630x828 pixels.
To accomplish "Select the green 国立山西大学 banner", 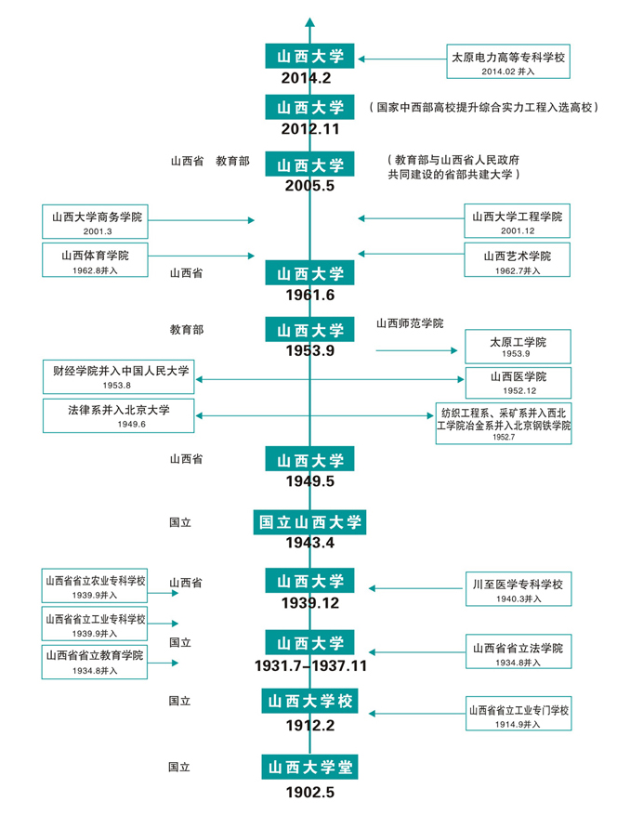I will click(x=310, y=521).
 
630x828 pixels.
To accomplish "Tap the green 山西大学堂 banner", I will click(x=310, y=767).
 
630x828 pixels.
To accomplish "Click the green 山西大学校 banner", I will click(x=310, y=700).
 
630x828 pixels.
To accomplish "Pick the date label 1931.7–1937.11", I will click(x=310, y=665).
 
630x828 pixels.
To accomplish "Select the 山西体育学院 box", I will click(x=95, y=259).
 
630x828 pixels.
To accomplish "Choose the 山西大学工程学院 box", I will click(x=518, y=221).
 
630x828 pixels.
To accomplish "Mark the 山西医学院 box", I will click(x=518, y=382).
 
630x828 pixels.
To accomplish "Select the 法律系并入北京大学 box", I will click(x=118, y=415).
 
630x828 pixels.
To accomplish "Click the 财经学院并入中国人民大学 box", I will click(x=118, y=376).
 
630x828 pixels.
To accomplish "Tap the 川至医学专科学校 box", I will click(x=518, y=590).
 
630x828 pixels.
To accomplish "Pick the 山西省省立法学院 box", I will click(x=518, y=653).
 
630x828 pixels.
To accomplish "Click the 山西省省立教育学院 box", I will click(x=95, y=660).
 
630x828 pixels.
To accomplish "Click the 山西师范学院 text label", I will click(x=410, y=323).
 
